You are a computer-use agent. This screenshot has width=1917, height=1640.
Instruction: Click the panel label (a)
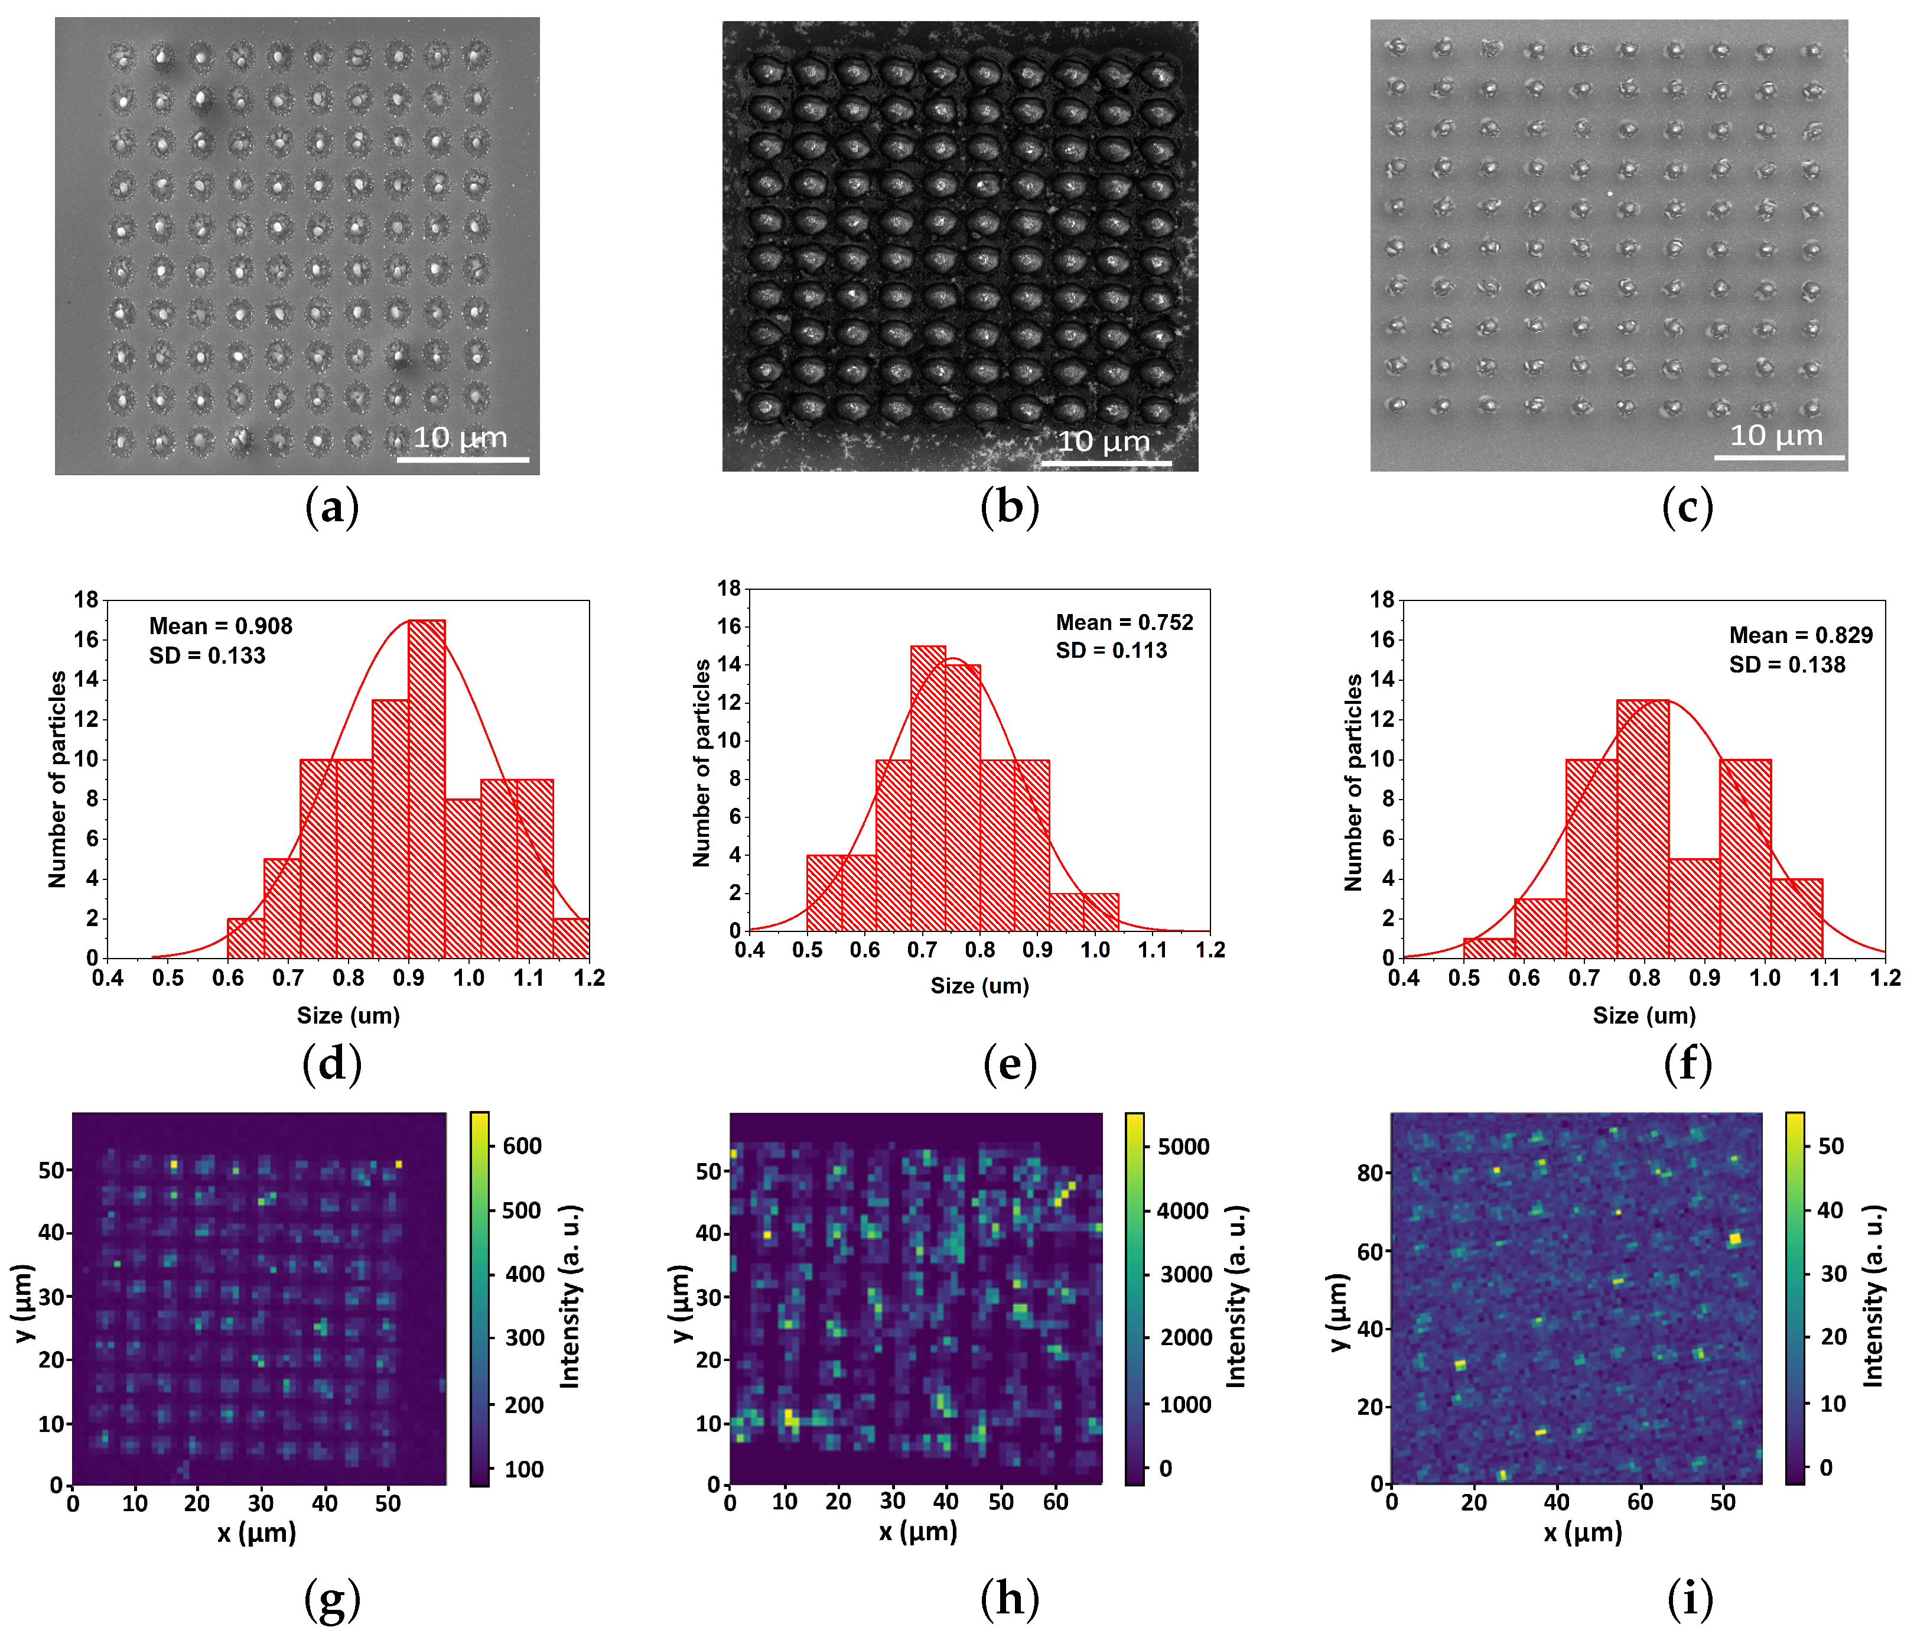(x=331, y=508)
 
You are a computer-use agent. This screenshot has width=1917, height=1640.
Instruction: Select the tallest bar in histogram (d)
(x=427, y=787)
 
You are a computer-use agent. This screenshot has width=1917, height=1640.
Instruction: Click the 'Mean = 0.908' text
(x=220, y=626)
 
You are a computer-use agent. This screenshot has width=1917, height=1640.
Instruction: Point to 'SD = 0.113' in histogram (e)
(x=1111, y=651)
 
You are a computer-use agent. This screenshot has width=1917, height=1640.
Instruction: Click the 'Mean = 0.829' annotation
(x=1801, y=635)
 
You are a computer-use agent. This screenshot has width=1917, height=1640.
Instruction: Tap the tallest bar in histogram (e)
(x=928, y=787)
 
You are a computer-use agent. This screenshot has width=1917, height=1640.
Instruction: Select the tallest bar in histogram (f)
(x=1642, y=829)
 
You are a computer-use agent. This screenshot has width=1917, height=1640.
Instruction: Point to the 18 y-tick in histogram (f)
(x=1381, y=600)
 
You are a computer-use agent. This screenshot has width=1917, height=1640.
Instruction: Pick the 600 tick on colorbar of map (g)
(x=522, y=1146)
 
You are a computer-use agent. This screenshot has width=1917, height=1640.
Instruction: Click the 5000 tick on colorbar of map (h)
(x=1183, y=1147)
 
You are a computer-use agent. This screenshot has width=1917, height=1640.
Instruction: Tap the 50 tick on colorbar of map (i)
(x=1831, y=1146)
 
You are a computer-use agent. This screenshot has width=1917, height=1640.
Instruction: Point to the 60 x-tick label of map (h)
(x=1056, y=1502)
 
